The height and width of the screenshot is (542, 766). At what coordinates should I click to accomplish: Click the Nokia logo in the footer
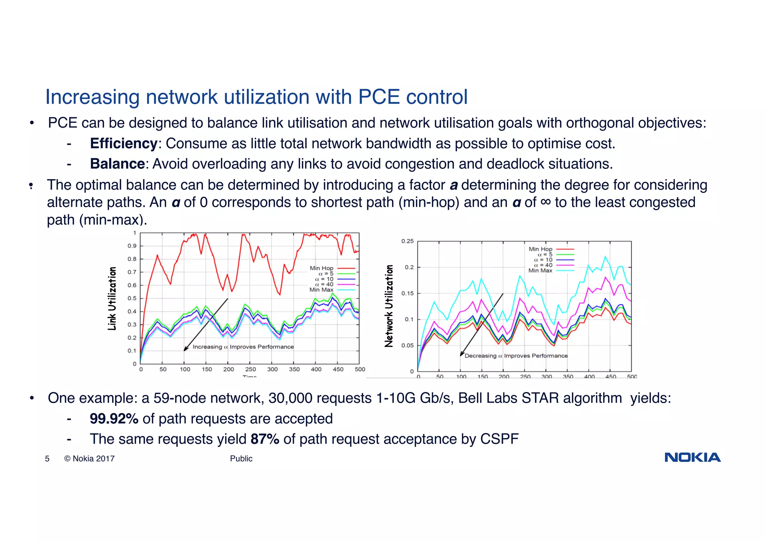click(692, 457)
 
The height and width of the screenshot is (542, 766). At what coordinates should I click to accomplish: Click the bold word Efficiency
click(123, 143)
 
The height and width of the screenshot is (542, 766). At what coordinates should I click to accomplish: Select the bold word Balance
click(117, 164)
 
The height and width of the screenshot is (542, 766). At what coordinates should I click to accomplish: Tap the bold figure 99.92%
click(114, 418)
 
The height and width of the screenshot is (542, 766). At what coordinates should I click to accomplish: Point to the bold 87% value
click(265, 439)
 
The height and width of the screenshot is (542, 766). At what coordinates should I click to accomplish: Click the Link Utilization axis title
click(112, 299)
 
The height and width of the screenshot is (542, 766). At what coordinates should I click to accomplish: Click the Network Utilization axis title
click(389, 306)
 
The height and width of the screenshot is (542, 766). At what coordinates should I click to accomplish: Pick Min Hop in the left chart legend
click(321, 268)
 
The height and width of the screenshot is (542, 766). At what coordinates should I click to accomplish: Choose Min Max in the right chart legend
click(540, 270)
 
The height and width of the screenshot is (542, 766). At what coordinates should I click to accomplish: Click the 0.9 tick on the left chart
click(132, 246)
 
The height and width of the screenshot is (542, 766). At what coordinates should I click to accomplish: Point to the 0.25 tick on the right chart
click(407, 241)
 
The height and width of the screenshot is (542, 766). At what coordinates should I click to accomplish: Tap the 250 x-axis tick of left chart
click(250, 369)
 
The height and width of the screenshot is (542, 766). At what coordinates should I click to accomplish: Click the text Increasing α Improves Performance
click(243, 347)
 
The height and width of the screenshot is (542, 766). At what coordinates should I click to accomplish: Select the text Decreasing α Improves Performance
click(516, 356)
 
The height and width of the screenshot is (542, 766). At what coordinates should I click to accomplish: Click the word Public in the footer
click(241, 458)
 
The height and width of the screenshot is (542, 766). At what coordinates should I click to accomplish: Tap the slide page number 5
click(47, 458)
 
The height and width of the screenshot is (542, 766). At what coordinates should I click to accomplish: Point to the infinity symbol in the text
click(546, 202)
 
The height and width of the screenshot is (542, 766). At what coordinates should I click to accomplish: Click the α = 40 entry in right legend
click(543, 265)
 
